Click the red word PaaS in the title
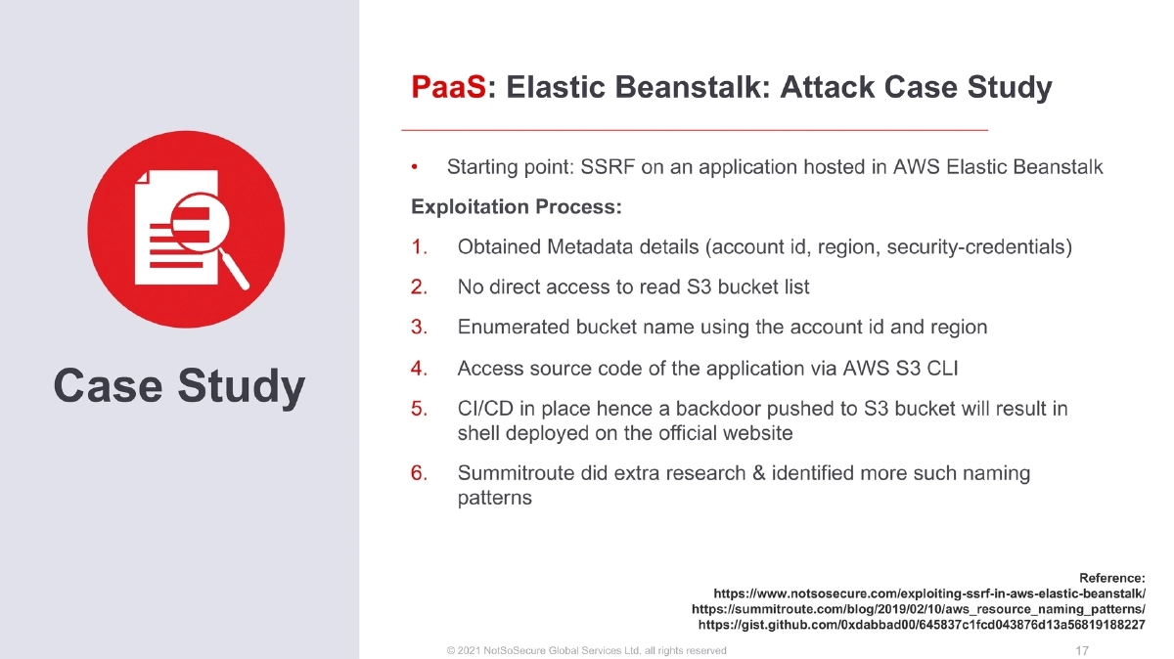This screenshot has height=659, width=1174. (448, 88)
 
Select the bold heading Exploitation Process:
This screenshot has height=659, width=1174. (517, 207)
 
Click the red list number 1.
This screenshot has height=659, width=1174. (419, 247)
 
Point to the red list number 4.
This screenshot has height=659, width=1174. (419, 369)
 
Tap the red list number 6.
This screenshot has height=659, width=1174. (419, 473)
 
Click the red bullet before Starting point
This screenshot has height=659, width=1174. (416, 167)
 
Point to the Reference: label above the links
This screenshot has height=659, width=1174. (1111, 577)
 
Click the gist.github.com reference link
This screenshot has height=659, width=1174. (921, 623)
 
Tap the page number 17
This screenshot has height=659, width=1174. (1082, 650)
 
